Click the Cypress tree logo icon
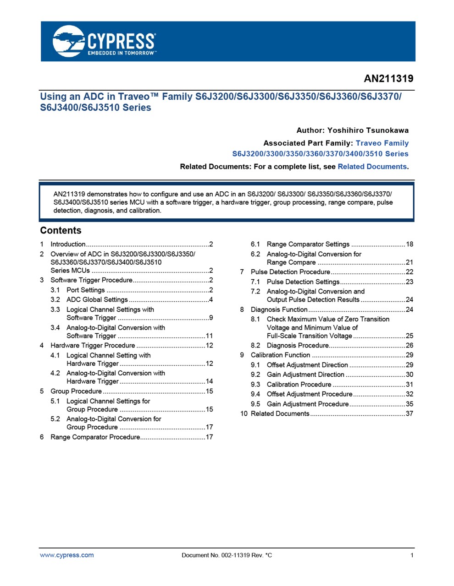(68, 41)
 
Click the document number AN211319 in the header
(388, 79)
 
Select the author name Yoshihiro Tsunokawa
(368, 130)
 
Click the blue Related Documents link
(372, 167)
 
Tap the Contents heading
(61, 231)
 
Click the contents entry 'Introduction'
(68, 244)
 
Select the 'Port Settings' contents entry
(86, 290)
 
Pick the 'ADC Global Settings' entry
(97, 300)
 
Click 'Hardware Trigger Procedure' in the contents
(93, 346)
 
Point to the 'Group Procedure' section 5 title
(76, 391)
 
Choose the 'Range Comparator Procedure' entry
(95, 437)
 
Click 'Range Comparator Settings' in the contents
(308, 244)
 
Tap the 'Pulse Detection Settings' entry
(303, 282)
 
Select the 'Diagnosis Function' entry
(279, 309)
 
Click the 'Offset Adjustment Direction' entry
(307, 365)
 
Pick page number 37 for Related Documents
(409, 414)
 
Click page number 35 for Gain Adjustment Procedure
(409, 404)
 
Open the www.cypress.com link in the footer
(67, 555)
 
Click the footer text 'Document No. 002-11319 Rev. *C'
(227, 555)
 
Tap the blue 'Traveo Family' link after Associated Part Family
(382, 143)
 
